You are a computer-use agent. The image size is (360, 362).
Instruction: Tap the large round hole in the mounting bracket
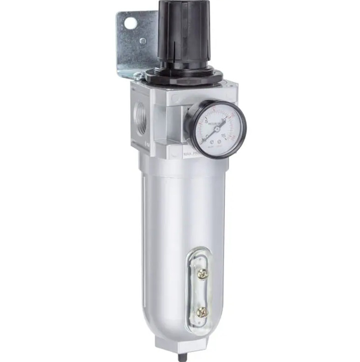(129, 23)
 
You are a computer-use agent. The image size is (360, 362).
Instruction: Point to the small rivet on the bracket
(142, 41)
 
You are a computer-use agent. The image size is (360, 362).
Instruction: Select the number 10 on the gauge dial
(223, 119)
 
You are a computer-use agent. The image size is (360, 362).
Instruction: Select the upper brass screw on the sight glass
(202, 274)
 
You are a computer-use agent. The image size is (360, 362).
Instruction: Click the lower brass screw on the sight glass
(202, 311)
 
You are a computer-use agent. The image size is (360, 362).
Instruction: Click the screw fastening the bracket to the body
(139, 76)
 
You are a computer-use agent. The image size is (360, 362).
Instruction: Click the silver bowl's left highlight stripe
(150, 235)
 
